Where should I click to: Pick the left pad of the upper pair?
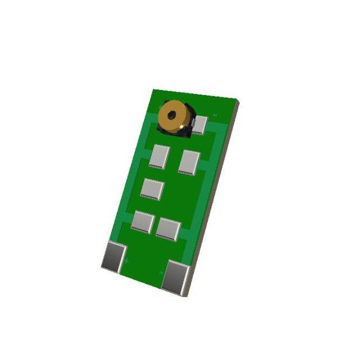tap(159, 156)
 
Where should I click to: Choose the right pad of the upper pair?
tap(189, 162)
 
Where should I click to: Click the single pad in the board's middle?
tap(152, 188)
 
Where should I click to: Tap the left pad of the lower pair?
tap(143, 220)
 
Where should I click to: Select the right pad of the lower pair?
tap(168, 228)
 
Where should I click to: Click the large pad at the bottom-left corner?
tap(114, 256)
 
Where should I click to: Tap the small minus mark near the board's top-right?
tap(215, 114)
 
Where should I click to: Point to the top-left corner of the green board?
tap(154, 89)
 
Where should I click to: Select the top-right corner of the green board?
tap(238, 102)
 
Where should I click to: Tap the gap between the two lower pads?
tap(155, 224)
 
